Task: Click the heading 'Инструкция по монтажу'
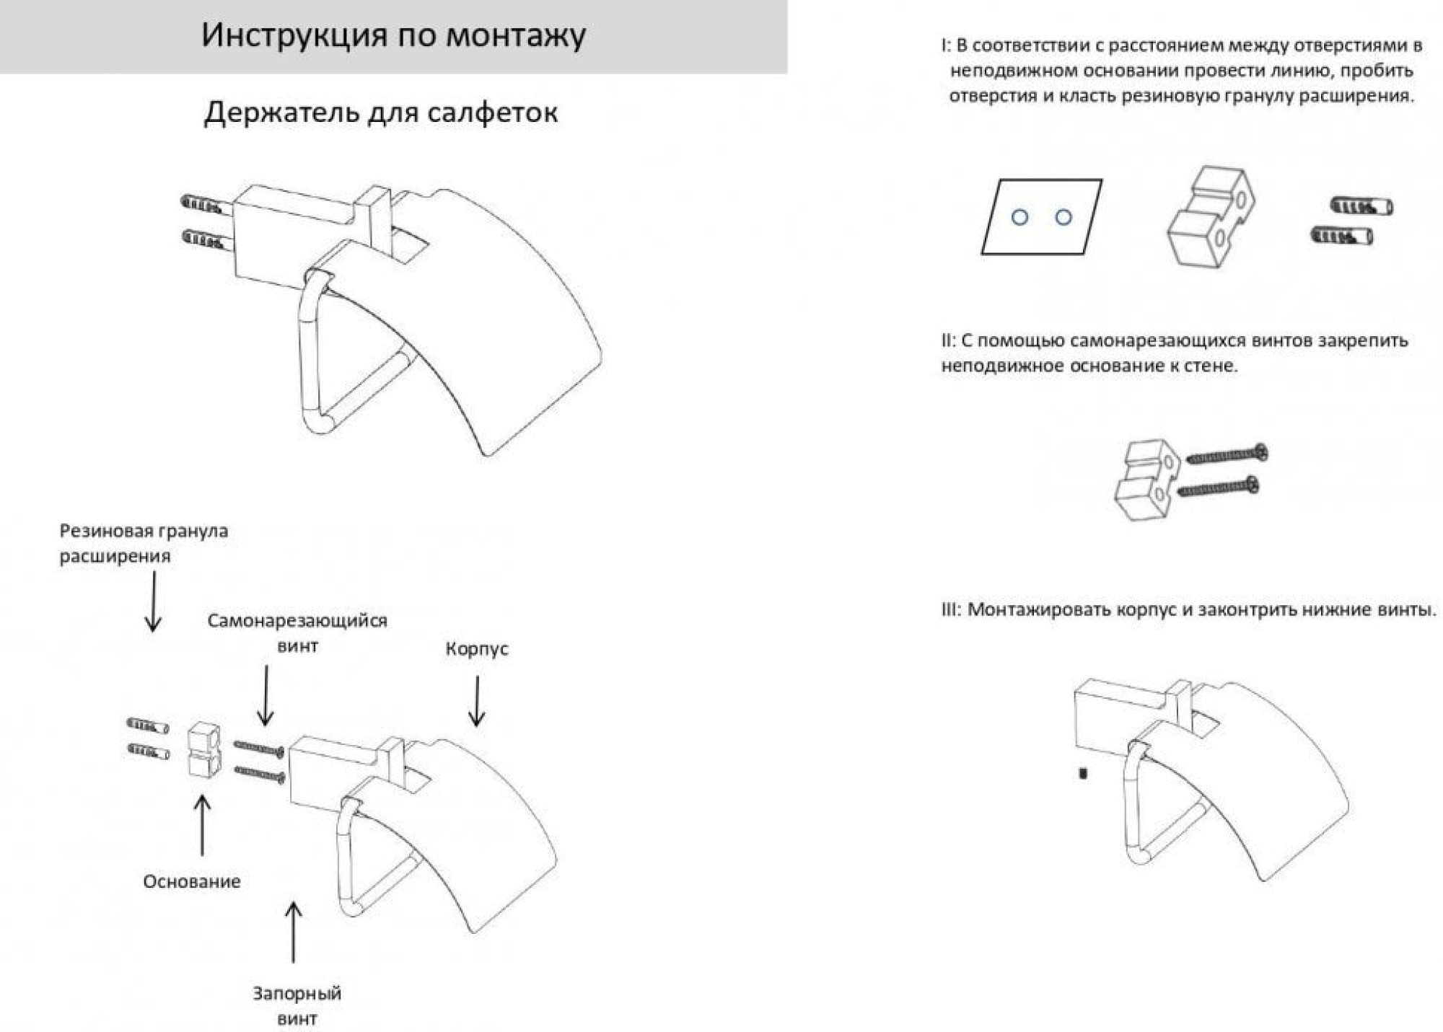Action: tap(393, 35)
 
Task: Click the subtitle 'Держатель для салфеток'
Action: tap(380, 113)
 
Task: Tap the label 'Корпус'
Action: tap(476, 648)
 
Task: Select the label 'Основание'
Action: tap(191, 881)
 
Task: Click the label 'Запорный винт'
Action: tap(297, 1005)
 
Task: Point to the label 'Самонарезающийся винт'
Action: tap(297, 632)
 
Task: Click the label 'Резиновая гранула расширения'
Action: tap(144, 543)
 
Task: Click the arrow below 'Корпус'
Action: tap(476, 700)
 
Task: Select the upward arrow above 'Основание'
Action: tap(203, 825)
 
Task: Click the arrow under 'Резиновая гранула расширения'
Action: tap(153, 601)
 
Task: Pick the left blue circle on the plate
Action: tap(1019, 217)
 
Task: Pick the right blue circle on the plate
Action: tap(1063, 217)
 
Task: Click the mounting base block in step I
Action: tap(1210, 216)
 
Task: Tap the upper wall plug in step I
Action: tap(1361, 206)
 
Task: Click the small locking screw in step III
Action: tap(1082, 774)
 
